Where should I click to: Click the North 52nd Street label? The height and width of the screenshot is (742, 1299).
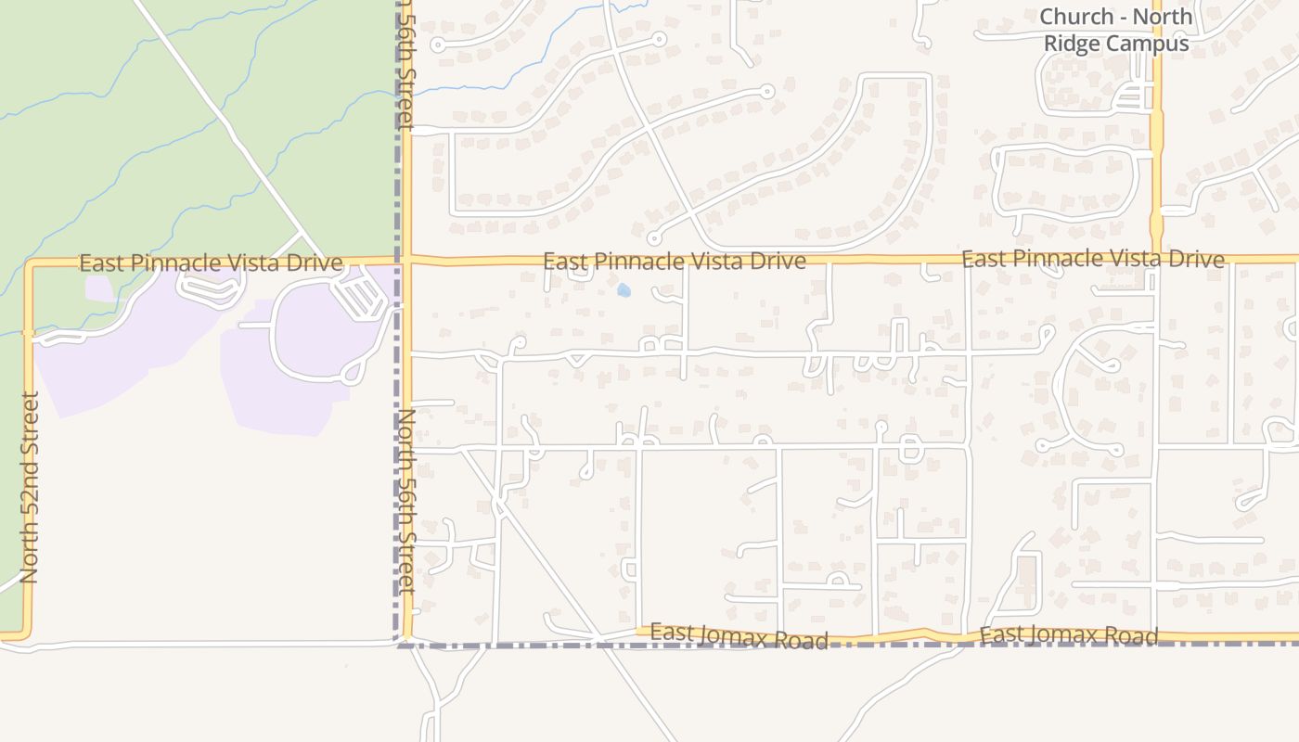point(30,488)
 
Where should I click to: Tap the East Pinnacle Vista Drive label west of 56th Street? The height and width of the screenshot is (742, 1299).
point(211,263)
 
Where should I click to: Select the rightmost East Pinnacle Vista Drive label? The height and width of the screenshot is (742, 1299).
point(1092,259)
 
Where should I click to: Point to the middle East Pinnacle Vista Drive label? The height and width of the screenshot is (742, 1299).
point(674,262)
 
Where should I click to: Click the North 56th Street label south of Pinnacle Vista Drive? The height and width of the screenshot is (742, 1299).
point(406,501)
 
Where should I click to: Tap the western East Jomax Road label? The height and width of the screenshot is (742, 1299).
point(739,636)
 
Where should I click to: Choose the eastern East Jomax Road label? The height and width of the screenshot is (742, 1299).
point(1069,635)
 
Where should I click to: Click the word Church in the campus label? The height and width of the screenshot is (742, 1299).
point(1076,17)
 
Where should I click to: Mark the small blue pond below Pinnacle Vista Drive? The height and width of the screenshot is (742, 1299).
point(624,290)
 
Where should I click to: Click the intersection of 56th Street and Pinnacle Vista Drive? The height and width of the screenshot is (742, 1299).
point(406,262)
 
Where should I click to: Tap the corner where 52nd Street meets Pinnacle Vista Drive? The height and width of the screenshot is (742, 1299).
point(30,264)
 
